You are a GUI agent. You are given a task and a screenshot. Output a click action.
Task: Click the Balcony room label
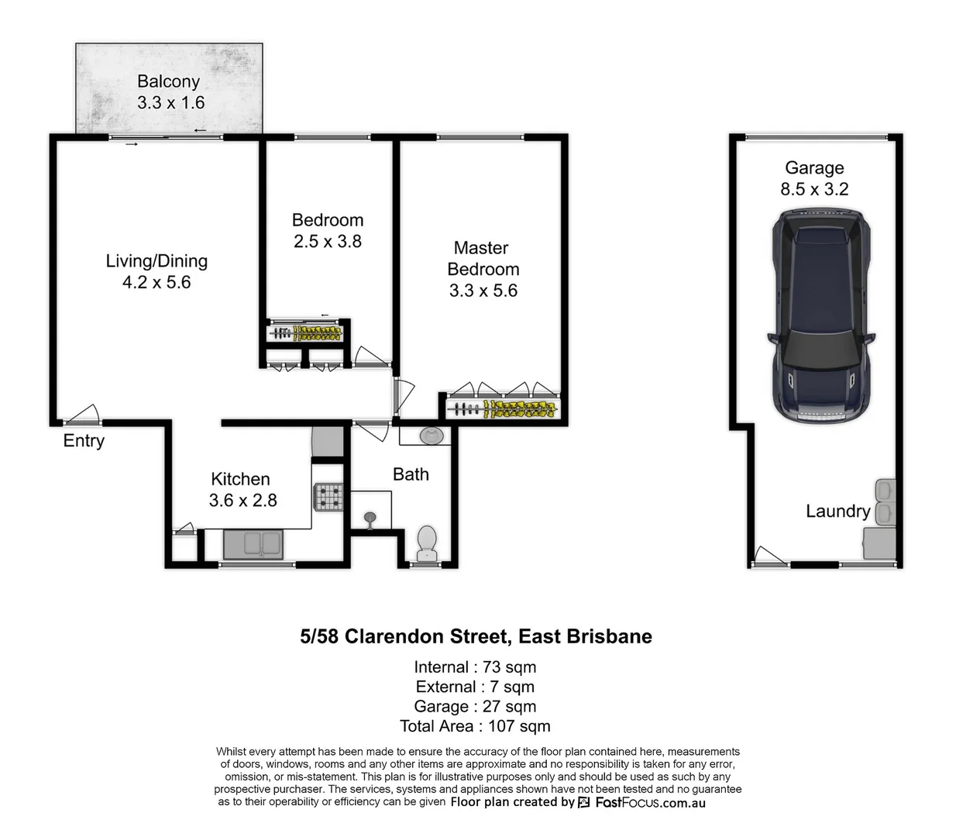168,81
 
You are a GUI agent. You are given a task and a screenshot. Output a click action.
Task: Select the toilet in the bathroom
427,542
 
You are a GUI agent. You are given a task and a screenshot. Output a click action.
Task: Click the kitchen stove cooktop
327,497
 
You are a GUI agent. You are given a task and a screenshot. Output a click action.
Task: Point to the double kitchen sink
253,543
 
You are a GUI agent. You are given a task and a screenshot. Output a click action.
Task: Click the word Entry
84,441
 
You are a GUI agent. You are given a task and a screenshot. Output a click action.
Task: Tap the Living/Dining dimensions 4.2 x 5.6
156,283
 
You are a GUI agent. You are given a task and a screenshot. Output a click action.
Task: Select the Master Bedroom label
483,259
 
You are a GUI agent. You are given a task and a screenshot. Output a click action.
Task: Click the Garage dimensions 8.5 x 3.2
814,189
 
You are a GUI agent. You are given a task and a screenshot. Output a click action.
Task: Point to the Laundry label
837,511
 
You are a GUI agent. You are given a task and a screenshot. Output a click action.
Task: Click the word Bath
411,474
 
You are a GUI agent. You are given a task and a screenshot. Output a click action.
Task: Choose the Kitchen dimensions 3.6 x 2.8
242,501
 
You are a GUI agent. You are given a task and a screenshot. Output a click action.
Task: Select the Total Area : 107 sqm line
475,726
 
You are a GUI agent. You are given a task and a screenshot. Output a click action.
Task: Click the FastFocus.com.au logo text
649,803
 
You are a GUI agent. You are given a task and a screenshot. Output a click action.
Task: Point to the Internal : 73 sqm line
475,667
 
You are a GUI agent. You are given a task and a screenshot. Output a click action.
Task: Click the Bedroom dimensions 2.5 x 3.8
328,242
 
